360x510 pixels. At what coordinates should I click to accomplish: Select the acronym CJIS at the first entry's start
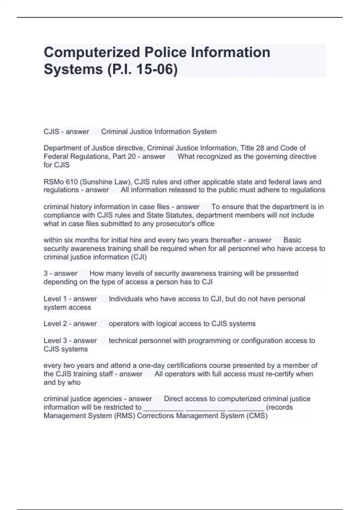[51, 132]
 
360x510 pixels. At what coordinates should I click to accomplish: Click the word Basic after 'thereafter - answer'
[292, 240]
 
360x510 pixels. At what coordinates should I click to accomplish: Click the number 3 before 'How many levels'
[46, 273]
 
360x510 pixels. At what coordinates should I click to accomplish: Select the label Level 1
[55, 299]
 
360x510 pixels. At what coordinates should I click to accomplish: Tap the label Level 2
[55, 324]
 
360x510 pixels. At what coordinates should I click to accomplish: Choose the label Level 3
[55, 340]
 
